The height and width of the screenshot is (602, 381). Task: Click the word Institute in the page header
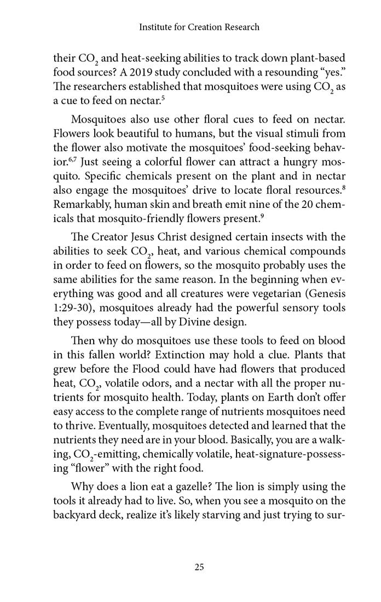[x=156, y=27]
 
